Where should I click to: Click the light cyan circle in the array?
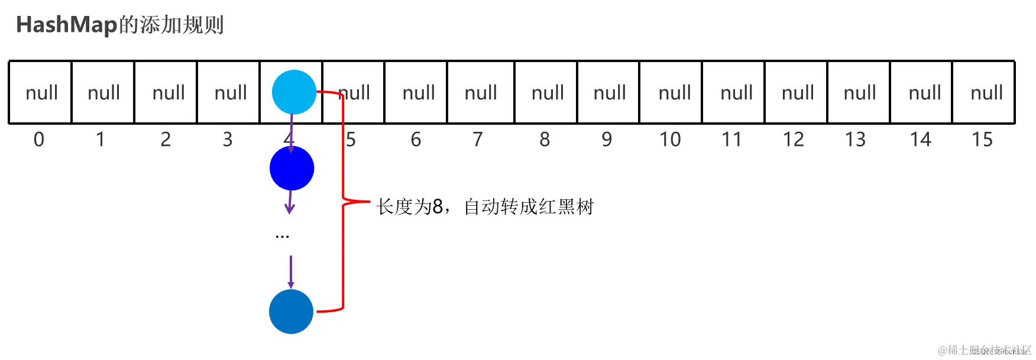(294, 92)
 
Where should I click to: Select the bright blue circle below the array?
(292, 168)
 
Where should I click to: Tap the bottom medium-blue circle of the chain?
(291, 312)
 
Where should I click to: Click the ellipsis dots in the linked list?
(282, 236)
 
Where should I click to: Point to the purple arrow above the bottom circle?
(291, 272)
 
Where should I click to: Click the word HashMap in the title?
(66, 25)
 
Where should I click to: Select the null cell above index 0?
(41, 93)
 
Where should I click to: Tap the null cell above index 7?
(480, 93)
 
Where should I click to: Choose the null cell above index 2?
(168, 93)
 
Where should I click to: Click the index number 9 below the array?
(607, 140)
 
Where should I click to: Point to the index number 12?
(793, 140)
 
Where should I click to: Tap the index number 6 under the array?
(416, 140)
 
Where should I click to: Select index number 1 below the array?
(101, 140)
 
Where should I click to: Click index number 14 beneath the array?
(920, 140)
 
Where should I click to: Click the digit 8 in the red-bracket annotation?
(438, 207)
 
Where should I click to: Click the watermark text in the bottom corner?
(984, 350)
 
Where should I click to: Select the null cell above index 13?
(859, 93)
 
